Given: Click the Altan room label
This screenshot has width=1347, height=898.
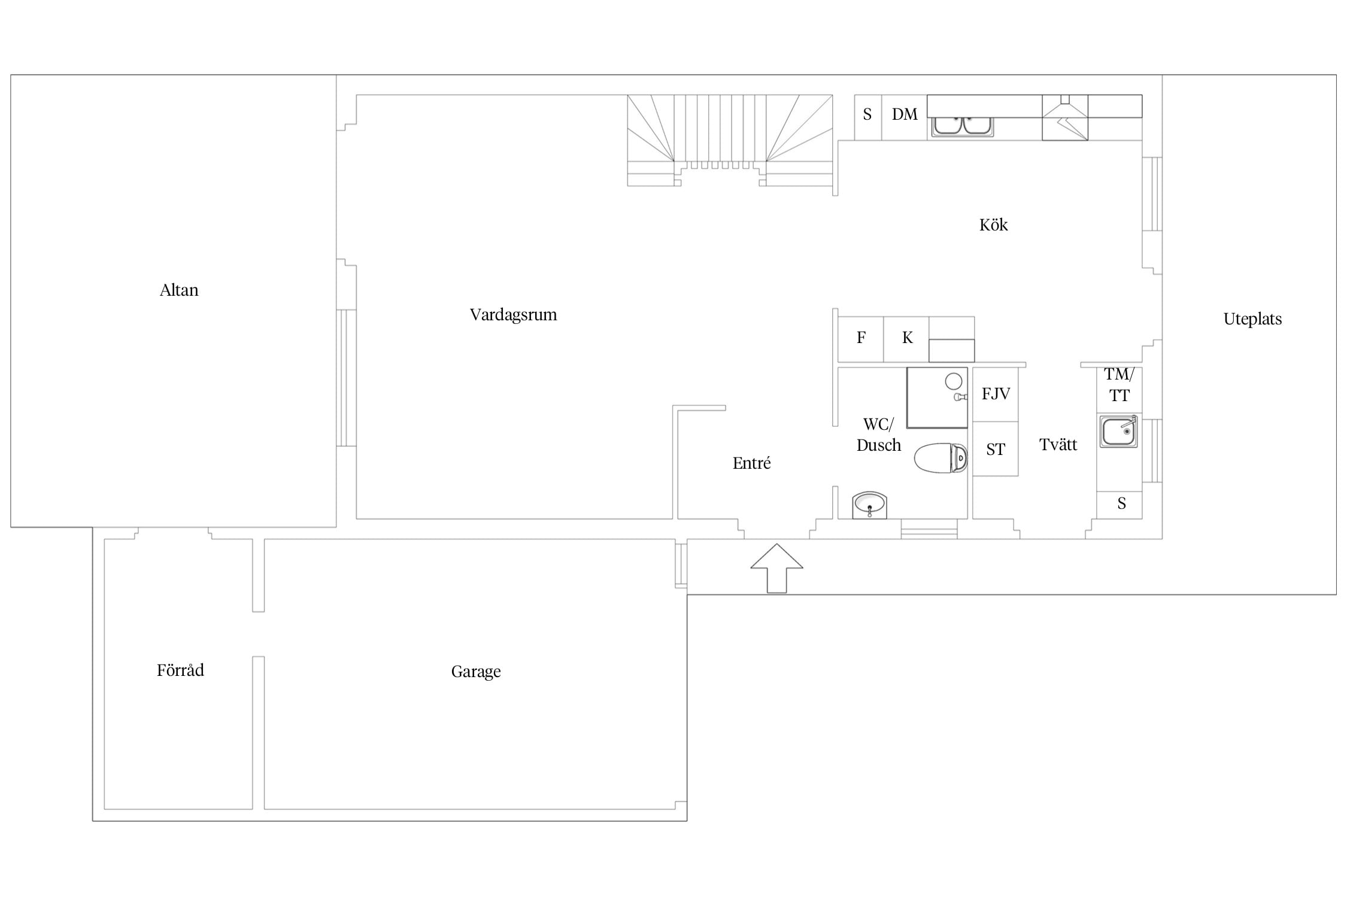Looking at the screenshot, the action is click(x=179, y=290).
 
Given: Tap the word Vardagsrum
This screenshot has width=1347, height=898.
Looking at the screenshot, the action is click(x=513, y=315).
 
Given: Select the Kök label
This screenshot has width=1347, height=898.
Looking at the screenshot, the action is click(x=993, y=224).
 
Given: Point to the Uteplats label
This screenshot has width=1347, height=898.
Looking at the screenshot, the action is click(x=1252, y=319).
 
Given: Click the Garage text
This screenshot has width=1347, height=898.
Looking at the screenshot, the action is click(x=476, y=672).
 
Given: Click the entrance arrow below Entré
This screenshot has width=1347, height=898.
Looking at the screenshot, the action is click(x=776, y=568).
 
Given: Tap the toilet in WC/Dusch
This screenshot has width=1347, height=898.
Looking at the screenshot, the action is click(x=941, y=458).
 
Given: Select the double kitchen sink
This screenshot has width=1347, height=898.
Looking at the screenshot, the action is click(x=962, y=126).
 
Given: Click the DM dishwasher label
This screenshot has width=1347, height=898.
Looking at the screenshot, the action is click(x=905, y=114).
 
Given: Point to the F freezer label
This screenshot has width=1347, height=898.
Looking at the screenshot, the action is click(x=861, y=338).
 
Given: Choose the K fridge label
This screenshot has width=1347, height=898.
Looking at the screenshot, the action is click(x=907, y=338).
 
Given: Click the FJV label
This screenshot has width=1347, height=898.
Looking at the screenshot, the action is click(x=996, y=394).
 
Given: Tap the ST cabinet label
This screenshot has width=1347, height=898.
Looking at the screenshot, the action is click(x=996, y=450).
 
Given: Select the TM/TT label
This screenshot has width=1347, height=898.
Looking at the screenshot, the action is click(x=1119, y=385).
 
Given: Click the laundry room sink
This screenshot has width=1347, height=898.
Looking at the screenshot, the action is click(x=1118, y=431).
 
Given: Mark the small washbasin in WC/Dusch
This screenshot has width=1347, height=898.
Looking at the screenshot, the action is click(x=869, y=505).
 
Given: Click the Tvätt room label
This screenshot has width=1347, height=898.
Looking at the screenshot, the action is click(x=1058, y=445).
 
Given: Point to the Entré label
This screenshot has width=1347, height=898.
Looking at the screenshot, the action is click(x=751, y=463).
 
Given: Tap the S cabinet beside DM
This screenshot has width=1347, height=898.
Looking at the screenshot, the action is click(x=867, y=114).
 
